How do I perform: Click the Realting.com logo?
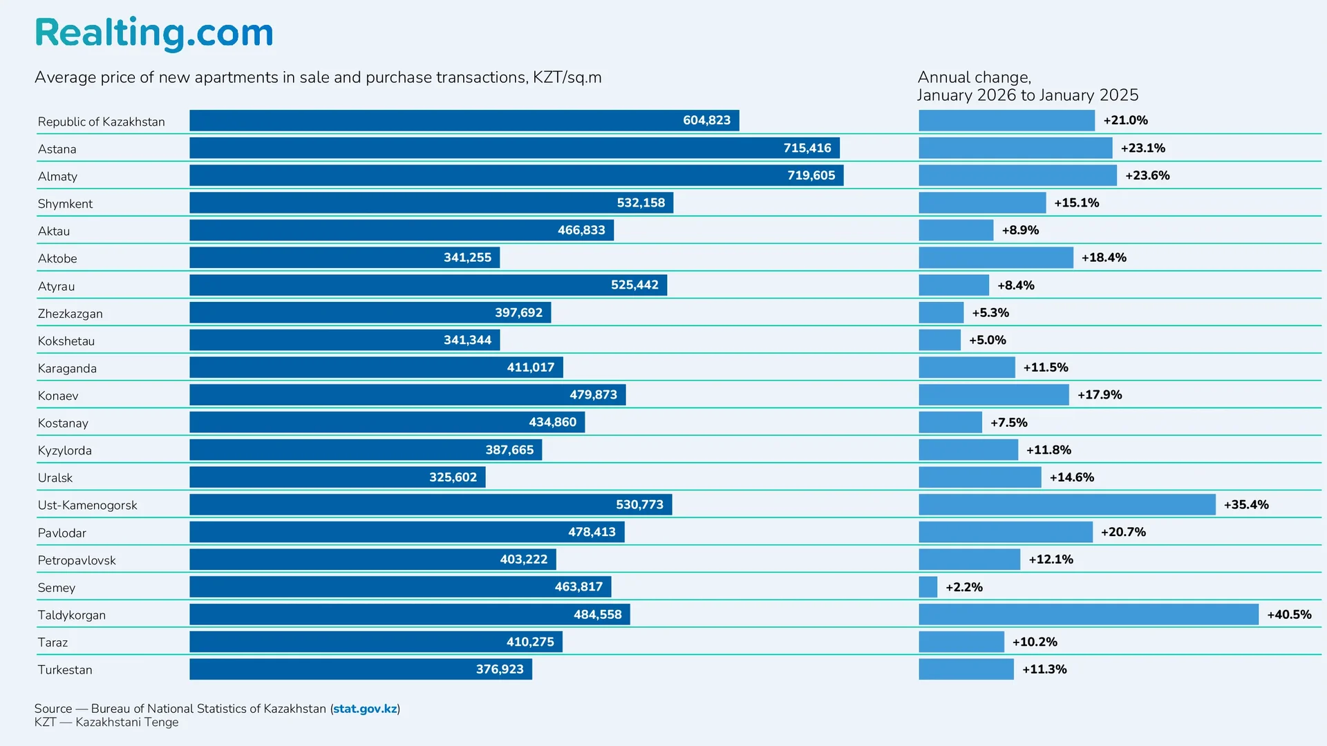[x=154, y=32]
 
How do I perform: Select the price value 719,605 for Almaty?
[x=811, y=175]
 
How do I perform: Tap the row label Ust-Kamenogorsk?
[x=88, y=505]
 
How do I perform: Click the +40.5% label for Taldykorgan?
[x=1289, y=614]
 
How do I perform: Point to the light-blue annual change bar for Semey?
[x=928, y=587]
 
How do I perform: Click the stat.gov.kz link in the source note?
[x=365, y=709]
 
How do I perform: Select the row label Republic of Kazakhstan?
[x=102, y=122]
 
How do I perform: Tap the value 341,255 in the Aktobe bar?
[x=467, y=258]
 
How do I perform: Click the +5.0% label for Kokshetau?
[x=987, y=340]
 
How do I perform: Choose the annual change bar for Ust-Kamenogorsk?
[x=1066, y=505]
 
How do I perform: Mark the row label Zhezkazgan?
[x=70, y=314]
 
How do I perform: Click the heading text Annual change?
[x=974, y=77]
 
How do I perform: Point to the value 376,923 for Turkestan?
[x=500, y=669]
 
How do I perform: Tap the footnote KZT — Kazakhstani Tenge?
[x=106, y=723]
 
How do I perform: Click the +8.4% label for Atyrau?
[x=1015, y=285]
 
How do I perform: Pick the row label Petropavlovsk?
[x=77, y=560]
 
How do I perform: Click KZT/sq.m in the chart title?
[x=567, y=77]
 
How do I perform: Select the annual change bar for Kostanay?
[x=950, y=422]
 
